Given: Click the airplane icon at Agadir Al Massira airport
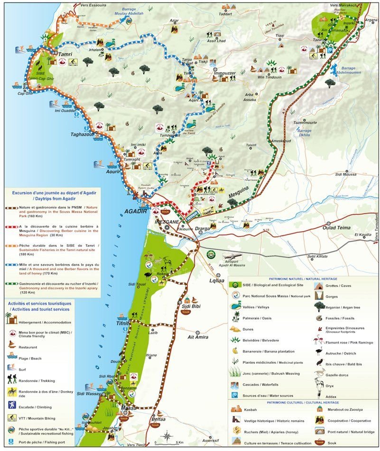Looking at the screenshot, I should (234, 256).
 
